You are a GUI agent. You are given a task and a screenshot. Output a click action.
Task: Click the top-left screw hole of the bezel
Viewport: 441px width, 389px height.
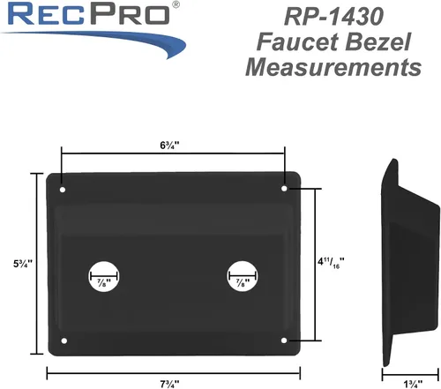[x=63, y=190]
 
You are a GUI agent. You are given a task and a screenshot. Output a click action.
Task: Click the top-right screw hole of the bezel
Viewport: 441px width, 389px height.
[x=284, y=188]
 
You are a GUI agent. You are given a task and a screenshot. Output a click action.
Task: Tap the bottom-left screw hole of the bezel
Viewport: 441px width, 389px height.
[x=64, y=340]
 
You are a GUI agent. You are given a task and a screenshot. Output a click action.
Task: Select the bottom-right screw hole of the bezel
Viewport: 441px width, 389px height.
[x=284, y=340]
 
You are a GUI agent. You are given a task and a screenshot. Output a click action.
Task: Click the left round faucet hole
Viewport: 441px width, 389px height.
[x=104, y=276]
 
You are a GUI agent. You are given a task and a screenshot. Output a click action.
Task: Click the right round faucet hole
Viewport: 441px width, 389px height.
[x=243, y=276]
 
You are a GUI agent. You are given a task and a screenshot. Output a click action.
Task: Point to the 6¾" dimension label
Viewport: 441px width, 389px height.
[x=169, y=146]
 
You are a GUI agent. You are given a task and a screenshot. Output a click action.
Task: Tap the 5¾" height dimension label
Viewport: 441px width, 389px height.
[x=23, y=264]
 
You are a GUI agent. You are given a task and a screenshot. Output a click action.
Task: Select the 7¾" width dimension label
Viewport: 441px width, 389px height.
[x=169, y=384]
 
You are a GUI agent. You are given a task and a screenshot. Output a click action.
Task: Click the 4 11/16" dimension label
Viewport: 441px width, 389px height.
[x=331, y=262]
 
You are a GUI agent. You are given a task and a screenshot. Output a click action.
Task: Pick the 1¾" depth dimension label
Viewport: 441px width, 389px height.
[x=413, y=384]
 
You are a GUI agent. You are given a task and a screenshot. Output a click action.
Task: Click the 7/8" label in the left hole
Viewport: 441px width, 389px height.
[x=104, y=283]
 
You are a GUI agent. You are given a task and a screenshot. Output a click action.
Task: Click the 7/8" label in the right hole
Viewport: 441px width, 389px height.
[x=243, y=283]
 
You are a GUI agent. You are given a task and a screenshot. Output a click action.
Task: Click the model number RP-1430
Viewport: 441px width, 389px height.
[x=333, y=17]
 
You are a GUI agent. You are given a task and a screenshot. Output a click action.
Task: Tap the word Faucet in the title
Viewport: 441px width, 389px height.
[x=297, y=41]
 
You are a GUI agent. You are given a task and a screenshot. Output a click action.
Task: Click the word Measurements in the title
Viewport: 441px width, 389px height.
[x=333, y=67]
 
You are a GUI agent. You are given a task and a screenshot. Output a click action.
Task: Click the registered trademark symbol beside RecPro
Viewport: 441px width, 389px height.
[x=176, y=5]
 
